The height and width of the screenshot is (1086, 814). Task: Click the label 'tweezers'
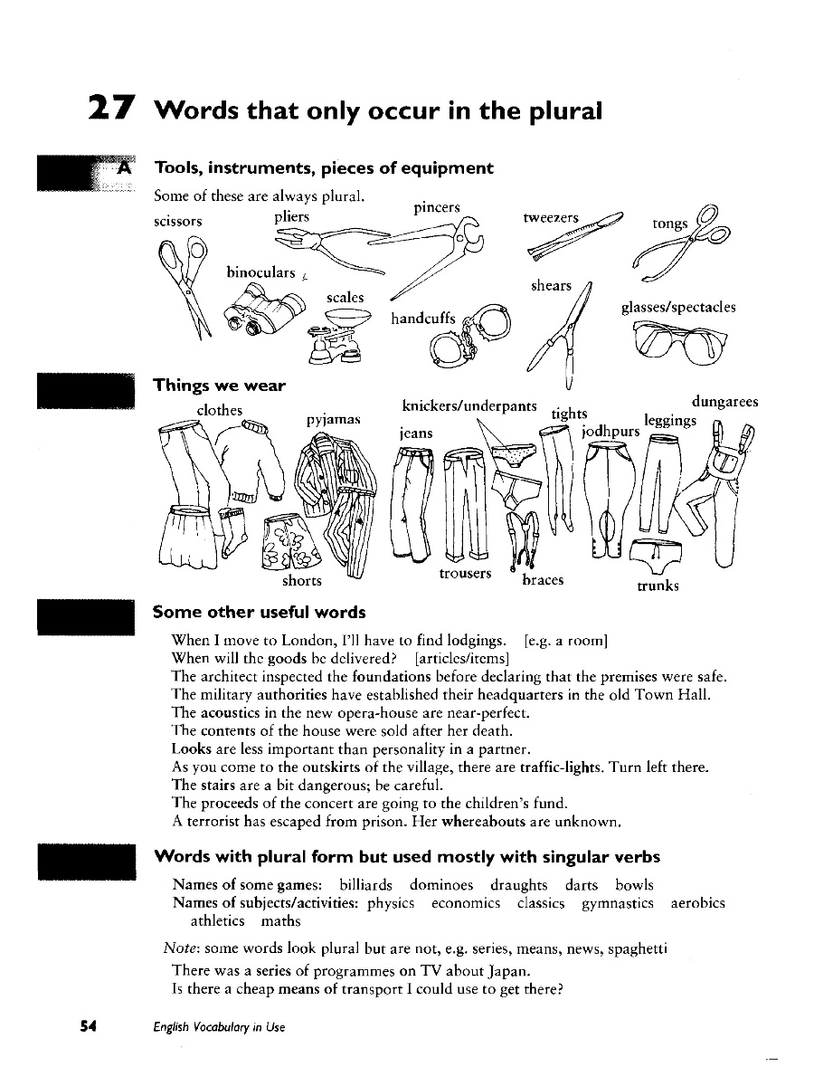[551, 218]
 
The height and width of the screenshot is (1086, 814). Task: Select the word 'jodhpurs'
[610, 431]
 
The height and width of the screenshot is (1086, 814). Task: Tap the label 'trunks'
[658, 586]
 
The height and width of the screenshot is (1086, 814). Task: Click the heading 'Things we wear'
[220, 386]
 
